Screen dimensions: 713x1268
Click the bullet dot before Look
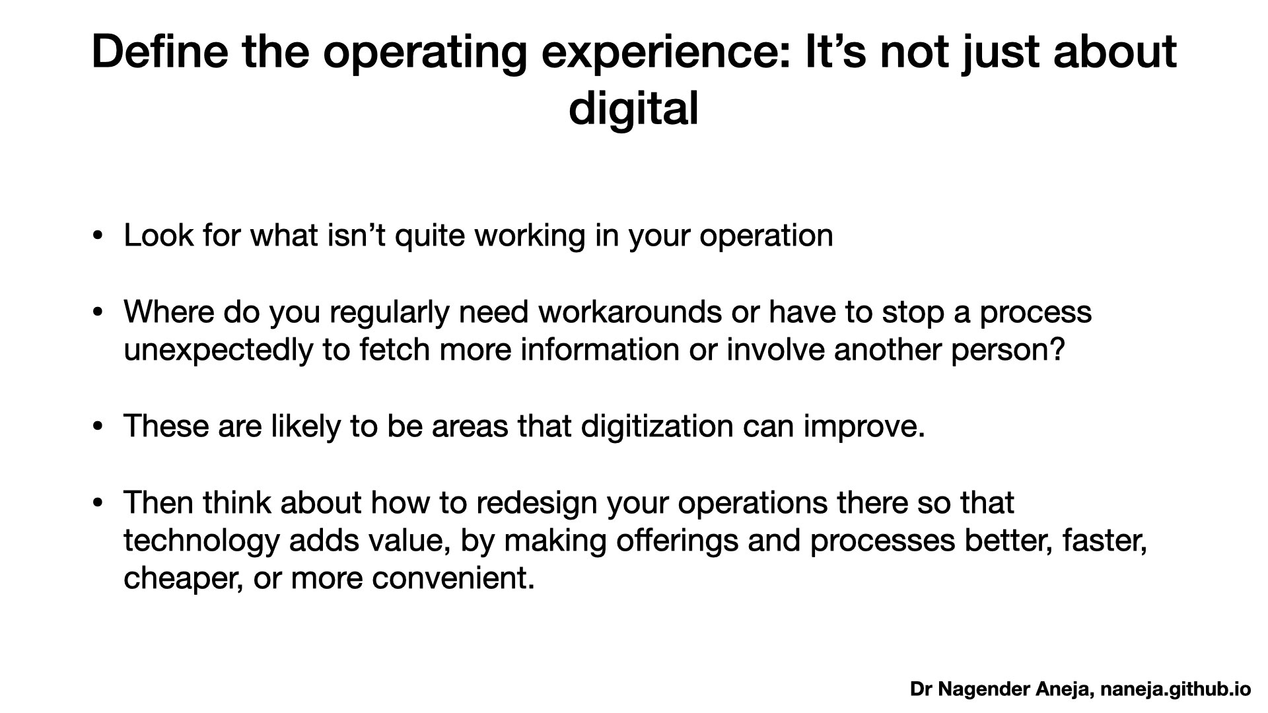click(98, 236)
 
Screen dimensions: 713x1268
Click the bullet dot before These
click(98, 426)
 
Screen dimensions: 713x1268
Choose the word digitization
click(657, 426)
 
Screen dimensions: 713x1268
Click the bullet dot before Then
click(98, 503)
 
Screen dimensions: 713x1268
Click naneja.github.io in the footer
click(1175, 689)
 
